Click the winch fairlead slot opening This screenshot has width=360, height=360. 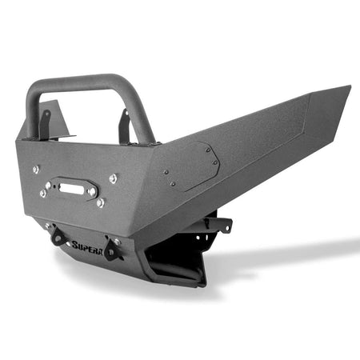pyautogui.click(x=70, y=188)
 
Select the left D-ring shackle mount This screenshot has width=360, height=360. pyautogui.click(x=58, y=236)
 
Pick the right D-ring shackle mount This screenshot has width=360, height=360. pyautogui.click(x=112, y=250)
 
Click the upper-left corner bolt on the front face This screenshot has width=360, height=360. pyautogui.click(x=36, y=169)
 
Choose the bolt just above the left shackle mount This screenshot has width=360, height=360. pyautogui.click(x=48, y=226)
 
